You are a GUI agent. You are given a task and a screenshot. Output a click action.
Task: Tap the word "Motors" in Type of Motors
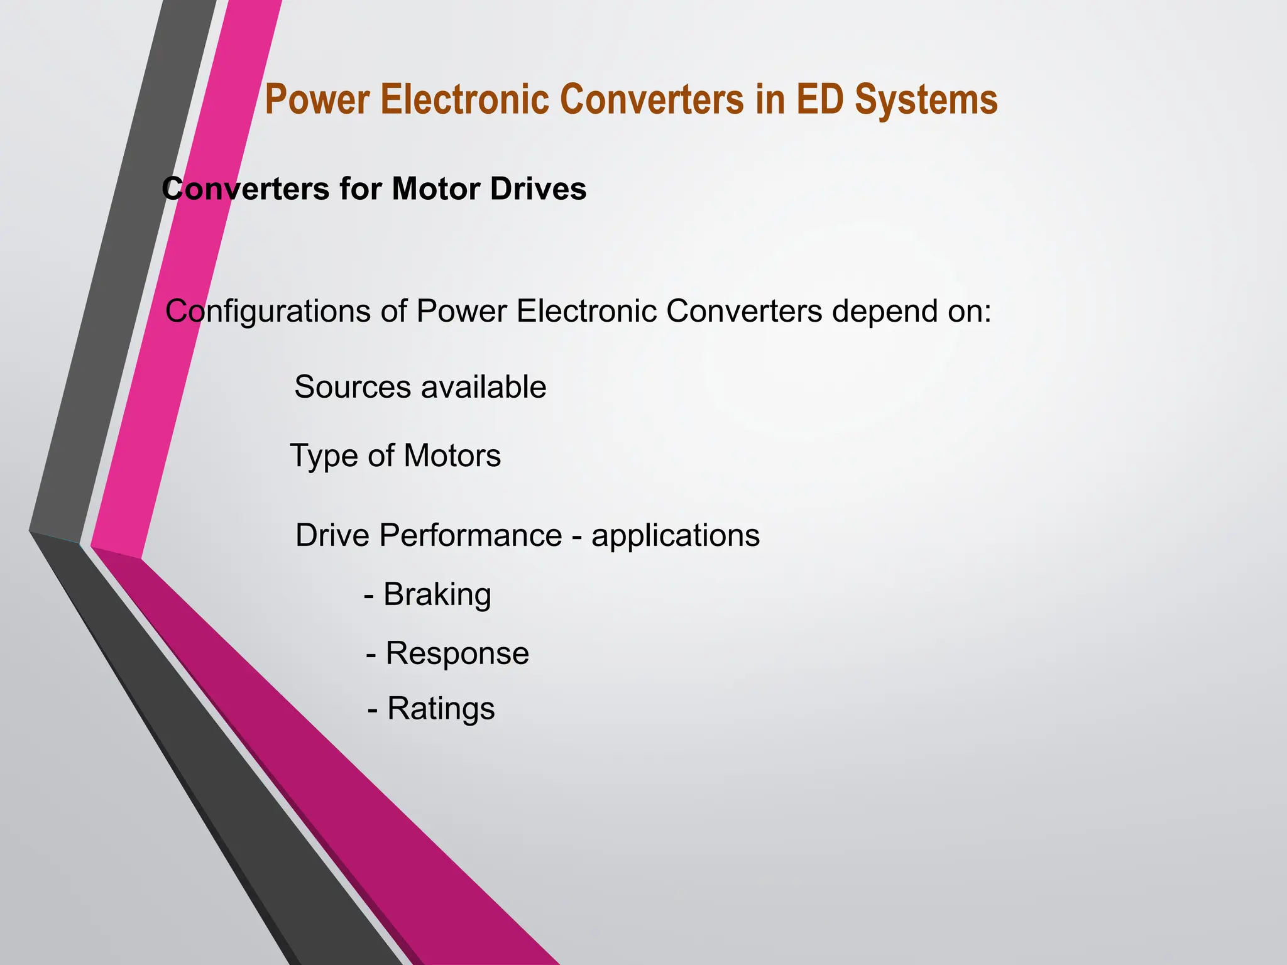click(452, 455)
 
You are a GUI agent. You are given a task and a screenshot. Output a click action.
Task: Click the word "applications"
click(676, 537)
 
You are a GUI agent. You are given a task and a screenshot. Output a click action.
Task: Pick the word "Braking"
click(437, 595)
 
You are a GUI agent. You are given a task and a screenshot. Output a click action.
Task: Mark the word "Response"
click(457, 654)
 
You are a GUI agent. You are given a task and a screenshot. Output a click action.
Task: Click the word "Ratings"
click(441, 709)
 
